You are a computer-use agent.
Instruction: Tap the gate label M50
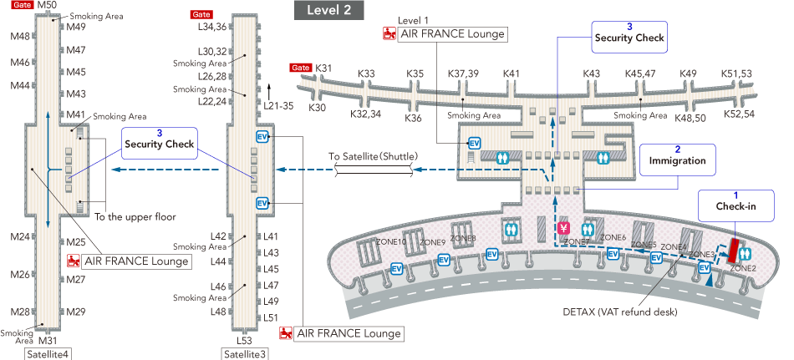click(48, 6)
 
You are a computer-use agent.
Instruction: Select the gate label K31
click(324, 68)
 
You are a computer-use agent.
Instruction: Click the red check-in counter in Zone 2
click(734, 249)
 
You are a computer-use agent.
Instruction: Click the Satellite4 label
click(48, 353)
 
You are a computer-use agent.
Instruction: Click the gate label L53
click(244, 341)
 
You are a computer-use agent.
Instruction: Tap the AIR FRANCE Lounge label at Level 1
click(452, 34)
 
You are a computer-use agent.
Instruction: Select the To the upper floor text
click(135, 216)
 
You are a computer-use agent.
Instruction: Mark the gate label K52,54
click(740, 113)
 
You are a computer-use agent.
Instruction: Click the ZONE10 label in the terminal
click(391, 242)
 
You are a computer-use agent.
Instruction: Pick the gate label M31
click(48, 340)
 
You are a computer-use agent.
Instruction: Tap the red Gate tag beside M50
click(22, 6)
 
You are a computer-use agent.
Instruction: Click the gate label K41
click(512, 74)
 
